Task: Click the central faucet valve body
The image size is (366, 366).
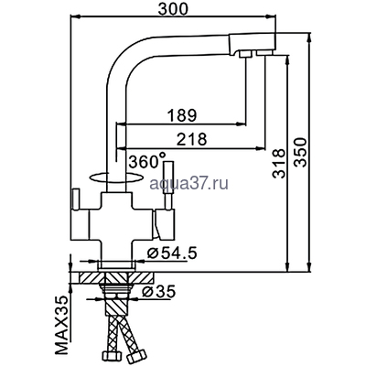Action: (x=114, y=215)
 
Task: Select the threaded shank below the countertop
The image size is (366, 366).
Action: (x=115, y=297)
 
